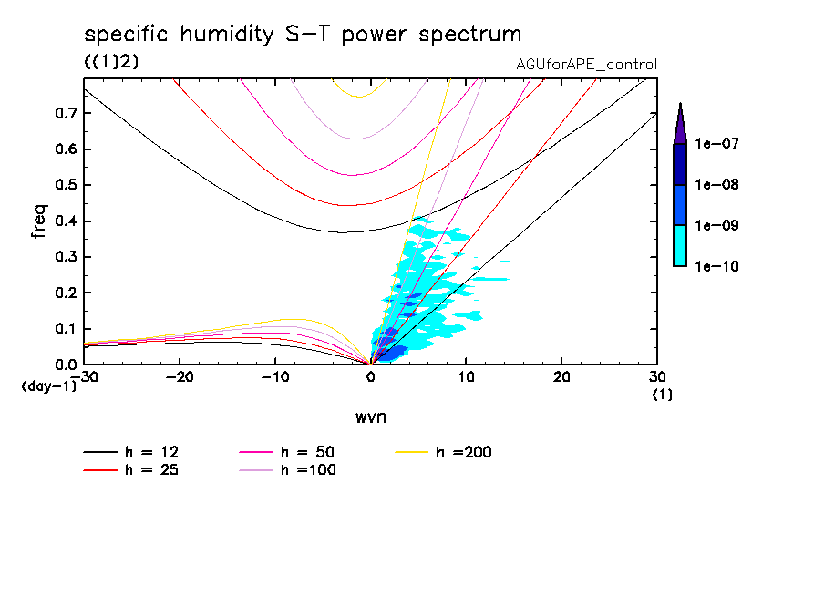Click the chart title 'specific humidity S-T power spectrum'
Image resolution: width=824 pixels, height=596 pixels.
click(303, 35)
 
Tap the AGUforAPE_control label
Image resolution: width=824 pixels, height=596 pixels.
click(586, 65)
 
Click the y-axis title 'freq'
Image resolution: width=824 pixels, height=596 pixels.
click(39, 221)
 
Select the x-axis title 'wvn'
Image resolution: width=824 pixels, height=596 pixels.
click(370, 417)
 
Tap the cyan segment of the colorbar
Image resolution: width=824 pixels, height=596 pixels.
click(680, 245)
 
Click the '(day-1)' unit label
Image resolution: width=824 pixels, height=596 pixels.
click(47, 387)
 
